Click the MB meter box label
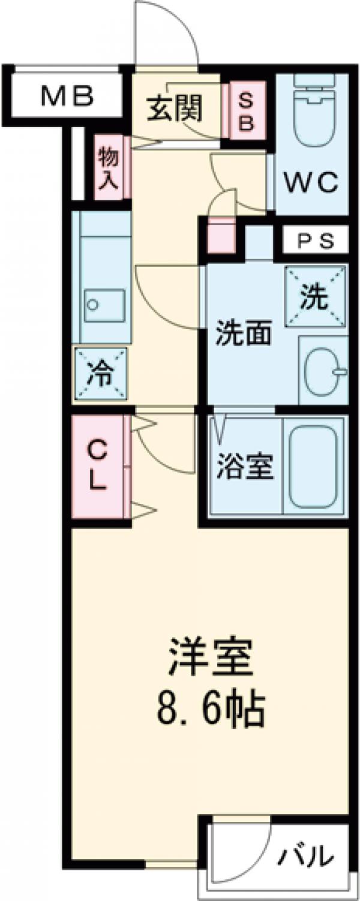click(x=67, y=95)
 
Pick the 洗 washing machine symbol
click(x=315, y=296)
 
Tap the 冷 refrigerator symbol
click(x=101, y=375)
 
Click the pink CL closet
click(x=98, y=466)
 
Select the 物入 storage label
click(x=110, y=170)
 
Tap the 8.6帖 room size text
click(x=211, y=711)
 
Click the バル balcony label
click(x=305, y=853)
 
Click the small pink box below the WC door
click(x=221, y=236)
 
